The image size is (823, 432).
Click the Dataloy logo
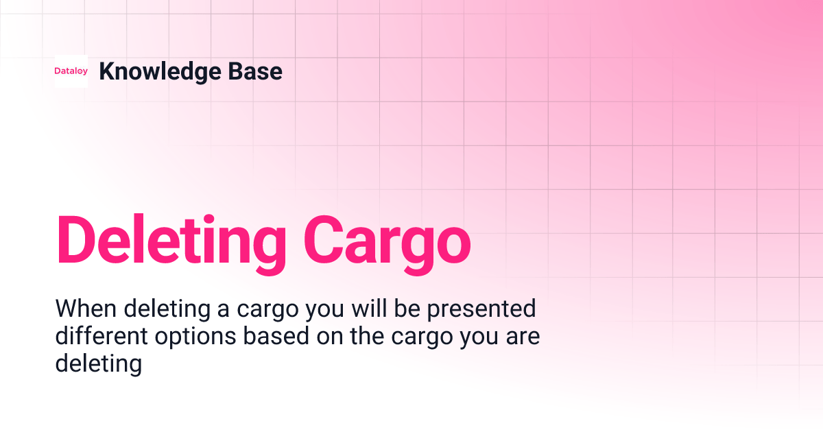[71, 71]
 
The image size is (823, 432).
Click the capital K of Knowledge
[106, 71]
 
